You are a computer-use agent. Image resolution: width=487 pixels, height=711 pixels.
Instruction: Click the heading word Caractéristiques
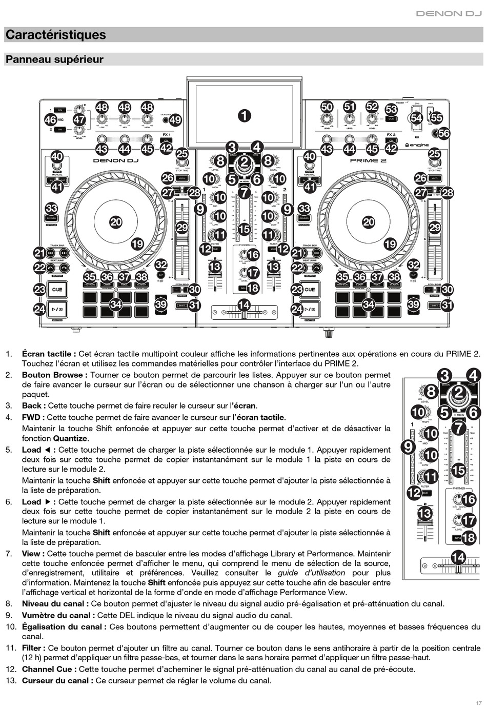click(55, 35)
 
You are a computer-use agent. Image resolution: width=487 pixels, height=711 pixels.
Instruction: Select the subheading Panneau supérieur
click(54, 59)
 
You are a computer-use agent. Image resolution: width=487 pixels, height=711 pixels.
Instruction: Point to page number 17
click(478, 703)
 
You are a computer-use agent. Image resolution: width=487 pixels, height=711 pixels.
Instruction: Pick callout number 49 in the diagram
click(175, 120)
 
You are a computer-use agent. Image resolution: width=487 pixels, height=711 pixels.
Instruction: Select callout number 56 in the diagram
click(443, 134)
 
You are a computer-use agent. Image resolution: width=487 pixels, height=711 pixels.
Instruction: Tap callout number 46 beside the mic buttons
click(50, 120)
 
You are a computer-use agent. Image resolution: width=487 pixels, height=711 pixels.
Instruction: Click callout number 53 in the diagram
click(391, 109)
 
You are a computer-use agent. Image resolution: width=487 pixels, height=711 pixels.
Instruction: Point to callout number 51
click(349, 107)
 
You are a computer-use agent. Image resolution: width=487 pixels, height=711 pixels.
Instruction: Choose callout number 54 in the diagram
click(416, 118)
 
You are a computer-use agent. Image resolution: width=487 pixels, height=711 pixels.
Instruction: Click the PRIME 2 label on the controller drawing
click(368, 160)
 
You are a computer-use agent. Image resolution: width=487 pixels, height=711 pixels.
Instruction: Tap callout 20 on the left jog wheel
click(116, 222)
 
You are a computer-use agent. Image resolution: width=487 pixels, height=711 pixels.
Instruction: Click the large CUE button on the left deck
click(57, 290)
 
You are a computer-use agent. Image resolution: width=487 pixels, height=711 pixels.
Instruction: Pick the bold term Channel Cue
click(49, 669)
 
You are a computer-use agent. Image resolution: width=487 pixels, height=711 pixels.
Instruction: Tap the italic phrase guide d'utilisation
click(311, 573)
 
